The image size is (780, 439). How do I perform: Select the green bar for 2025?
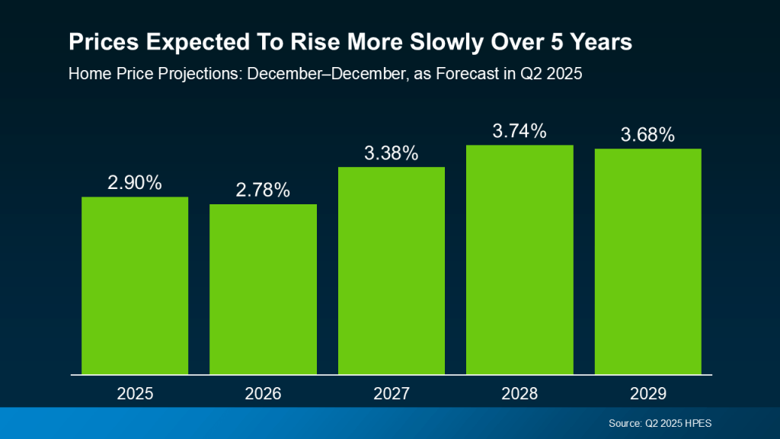135,286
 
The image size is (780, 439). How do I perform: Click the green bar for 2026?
263,290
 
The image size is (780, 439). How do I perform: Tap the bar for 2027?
392,271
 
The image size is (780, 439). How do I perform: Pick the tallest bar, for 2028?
519,259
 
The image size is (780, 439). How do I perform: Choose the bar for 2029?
647,261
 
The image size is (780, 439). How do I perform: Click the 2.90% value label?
135,183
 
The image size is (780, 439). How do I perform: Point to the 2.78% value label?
263,191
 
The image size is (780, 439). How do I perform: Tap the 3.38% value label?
392,153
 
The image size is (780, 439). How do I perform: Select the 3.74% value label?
519,131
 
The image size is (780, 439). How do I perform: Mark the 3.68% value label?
647,135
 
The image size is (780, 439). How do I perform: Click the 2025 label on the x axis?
135,394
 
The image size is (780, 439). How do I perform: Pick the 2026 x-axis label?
263,394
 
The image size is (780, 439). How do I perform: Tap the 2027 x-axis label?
392,394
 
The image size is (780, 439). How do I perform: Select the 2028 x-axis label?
519,394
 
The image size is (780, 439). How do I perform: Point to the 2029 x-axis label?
647,394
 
